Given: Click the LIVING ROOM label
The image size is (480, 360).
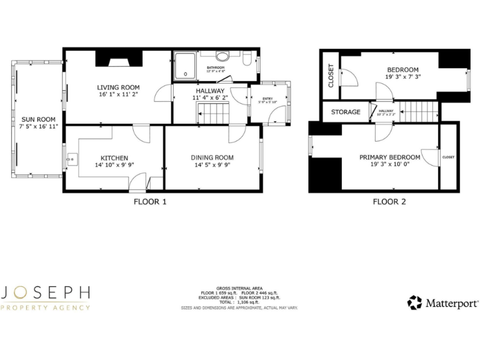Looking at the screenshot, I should coord(118,87).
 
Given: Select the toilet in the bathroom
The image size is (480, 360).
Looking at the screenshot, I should coord(247,60).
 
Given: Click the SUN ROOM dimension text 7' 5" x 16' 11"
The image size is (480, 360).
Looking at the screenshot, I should coord(39,127).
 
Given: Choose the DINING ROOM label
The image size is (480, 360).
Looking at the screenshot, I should coord(212,157).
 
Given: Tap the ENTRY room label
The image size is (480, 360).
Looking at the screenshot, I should coord(267,98).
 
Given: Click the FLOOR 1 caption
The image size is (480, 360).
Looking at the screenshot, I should coord(150,201).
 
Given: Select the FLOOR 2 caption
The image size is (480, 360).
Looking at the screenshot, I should coord(389,201).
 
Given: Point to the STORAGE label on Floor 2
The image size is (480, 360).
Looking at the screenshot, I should coord(346,112).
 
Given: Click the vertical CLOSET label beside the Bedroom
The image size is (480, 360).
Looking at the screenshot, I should coord(331,76).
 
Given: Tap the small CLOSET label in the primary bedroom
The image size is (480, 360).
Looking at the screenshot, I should coord(448,157).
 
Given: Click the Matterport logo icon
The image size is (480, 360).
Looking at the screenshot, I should coord(414,303).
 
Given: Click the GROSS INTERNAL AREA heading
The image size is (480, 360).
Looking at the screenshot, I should coord(239,288).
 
